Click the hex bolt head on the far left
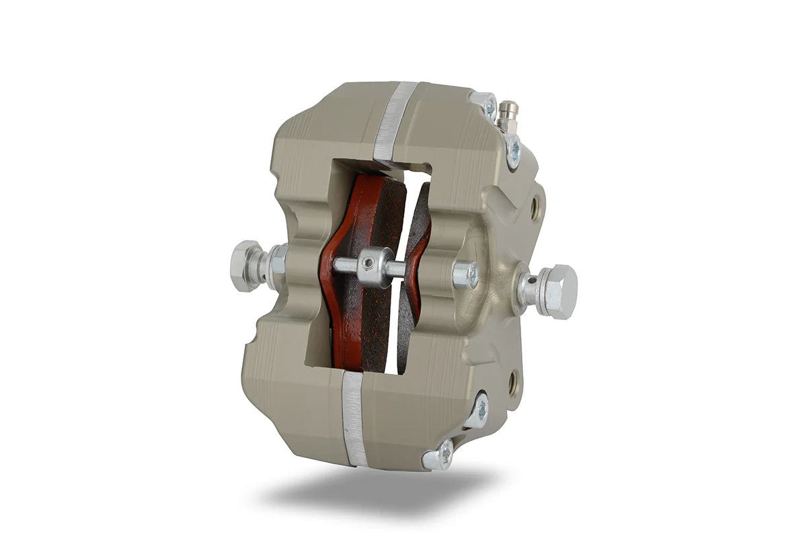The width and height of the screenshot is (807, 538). click(245, 265)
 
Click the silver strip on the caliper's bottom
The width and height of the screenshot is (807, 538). click(353, 417)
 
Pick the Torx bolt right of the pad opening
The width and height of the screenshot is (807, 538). click(465, 274)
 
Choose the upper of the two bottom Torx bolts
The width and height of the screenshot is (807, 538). click(479, 410)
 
